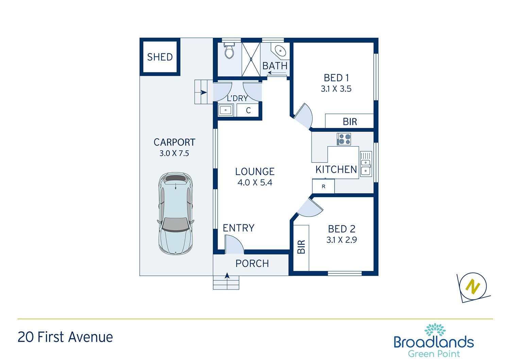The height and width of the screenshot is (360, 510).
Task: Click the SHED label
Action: coord(160,57)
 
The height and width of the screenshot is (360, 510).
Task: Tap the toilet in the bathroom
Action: coord(229,50)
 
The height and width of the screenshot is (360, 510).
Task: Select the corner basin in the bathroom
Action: coord(280,51)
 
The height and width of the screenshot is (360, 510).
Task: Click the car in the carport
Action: coord(175,213)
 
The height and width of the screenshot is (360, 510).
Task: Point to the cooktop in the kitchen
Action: coord(344,139)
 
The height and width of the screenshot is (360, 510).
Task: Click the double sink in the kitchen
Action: coord(366,164)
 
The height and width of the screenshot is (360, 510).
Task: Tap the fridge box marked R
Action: coord(323,186)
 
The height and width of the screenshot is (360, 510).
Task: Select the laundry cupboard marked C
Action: coord(248,110)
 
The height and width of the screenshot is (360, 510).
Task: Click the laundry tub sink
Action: coord(226,110)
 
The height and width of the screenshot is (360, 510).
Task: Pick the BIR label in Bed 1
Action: coord(350,122)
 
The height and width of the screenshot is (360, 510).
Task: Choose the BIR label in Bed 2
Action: coord(301,247)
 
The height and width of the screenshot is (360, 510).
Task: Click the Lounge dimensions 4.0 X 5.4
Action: coord(255,183)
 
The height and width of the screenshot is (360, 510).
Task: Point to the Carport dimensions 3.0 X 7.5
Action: coord(174,153)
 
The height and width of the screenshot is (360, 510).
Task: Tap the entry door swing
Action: coord(234,244)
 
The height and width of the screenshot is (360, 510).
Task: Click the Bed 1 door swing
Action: coord(303,116)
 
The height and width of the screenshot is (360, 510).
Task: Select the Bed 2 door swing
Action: coord(310,208)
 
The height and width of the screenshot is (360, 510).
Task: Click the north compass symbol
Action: coord(473,286)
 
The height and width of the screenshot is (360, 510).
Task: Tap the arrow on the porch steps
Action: coord(227,276)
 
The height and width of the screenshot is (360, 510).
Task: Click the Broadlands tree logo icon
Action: coord(435,329)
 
